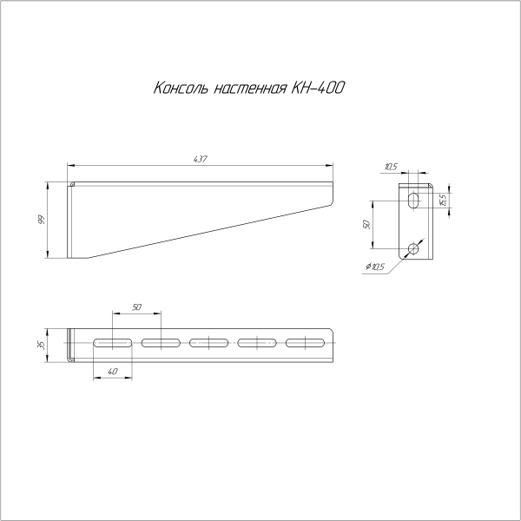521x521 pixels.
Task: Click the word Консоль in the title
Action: (x=181, y=88)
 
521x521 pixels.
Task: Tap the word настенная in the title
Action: (x=250, y=89)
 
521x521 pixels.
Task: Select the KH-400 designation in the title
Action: (x=318, y=88)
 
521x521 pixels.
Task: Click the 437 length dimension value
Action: (x=200, y=159)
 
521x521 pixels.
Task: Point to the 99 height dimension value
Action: (x=41, y=220)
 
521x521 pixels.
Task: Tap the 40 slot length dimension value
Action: (x=113, y=371)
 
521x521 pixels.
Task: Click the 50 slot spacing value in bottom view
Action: (x=136, y=307)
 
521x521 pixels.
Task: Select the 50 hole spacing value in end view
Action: (x=366, y=224)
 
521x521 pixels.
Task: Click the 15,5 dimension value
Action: (x=443, y=200)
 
